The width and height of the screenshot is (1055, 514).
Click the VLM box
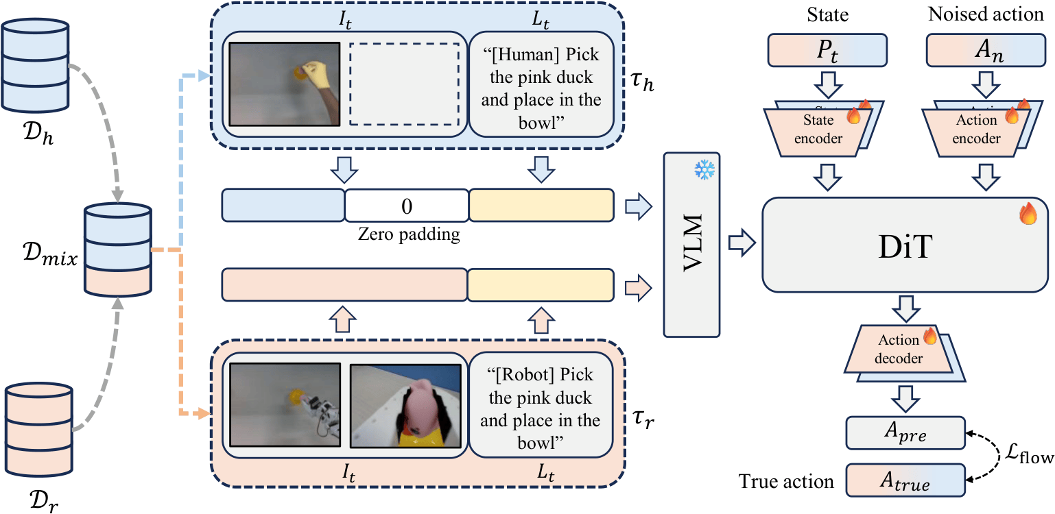coord(691,245)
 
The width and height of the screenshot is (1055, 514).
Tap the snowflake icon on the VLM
coord(704,170)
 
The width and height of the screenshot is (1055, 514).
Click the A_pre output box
coord(905,434)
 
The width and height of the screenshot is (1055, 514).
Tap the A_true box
coord(905,480)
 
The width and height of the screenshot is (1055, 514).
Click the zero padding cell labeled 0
coord(406,206)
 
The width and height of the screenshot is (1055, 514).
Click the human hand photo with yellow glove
coord(285,85)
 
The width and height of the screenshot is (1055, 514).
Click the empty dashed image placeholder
coord(405,85)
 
